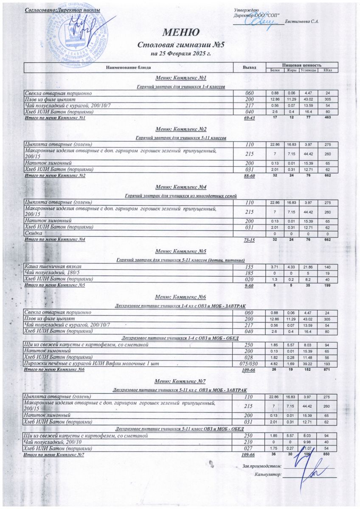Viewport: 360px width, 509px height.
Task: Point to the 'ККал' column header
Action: coord(327,70)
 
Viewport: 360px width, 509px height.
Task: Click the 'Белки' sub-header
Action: coord(275,70)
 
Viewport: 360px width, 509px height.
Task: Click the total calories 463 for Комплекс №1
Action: coord(327,117)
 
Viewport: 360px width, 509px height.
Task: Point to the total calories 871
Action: coord(327,369)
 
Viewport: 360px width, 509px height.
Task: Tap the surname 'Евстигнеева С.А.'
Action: coord(302,21)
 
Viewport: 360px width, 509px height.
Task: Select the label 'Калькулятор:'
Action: coord(268,474)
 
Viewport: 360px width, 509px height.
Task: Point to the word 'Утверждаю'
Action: coord(247,10)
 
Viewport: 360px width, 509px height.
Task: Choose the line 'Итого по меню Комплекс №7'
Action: coord(55,455)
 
